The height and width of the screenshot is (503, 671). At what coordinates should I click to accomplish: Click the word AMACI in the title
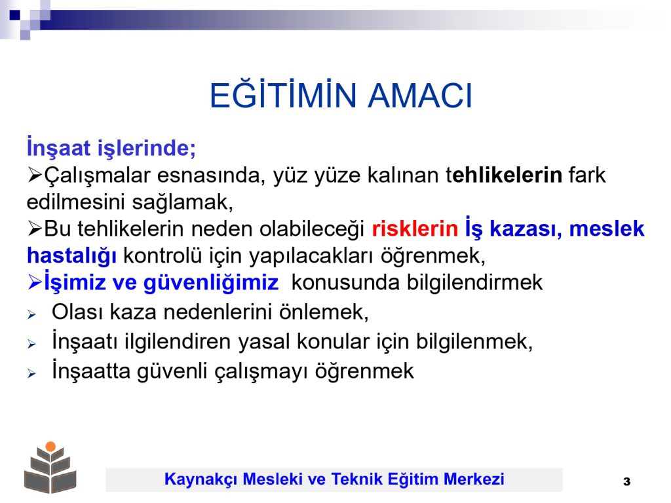pos(420,96)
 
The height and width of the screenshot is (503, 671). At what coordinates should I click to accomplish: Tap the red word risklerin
pos(415,229)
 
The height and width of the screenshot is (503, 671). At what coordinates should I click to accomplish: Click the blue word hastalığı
pos(71,256)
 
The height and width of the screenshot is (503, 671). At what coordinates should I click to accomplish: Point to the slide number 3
pos(626,481)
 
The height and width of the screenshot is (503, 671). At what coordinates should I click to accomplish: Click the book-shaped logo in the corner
pos(50,468)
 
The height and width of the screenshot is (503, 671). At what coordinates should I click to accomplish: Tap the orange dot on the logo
pos(50,447)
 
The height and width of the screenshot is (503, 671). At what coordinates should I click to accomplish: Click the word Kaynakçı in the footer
pos(201,479)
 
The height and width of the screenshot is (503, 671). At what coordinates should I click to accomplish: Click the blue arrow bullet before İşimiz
pos(35,282)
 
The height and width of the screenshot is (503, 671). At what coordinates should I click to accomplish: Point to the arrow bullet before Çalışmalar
pos(35,176)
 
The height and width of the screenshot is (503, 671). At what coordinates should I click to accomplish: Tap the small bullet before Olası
pos(31,315)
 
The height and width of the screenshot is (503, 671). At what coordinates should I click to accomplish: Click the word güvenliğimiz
pos(211,283)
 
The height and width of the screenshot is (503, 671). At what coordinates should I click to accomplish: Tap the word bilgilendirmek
pos(474,283)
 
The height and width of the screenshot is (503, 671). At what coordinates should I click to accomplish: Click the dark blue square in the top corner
pos(15,16)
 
